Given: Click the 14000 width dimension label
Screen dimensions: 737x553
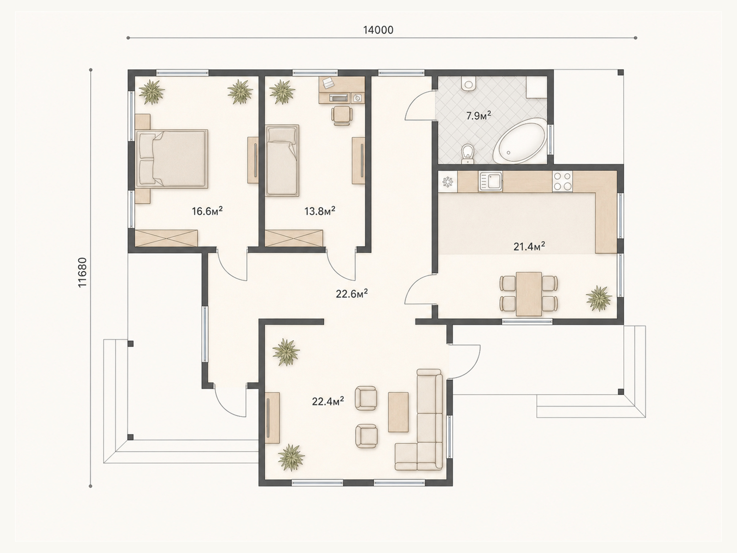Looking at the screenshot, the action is pos(378,30).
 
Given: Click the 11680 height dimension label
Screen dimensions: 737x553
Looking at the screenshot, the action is pos(82,272).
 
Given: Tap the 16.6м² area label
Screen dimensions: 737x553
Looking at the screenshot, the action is pos(207,211).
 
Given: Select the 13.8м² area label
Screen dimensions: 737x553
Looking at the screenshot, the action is pos(320,211).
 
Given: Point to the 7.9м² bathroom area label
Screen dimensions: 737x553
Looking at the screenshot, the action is pos(479,116).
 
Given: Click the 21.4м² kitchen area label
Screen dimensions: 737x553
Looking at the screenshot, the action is pos(529,247).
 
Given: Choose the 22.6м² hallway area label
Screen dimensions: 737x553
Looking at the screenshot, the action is pos(351,294).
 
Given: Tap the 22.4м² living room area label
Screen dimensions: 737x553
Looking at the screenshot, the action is pos(328,401).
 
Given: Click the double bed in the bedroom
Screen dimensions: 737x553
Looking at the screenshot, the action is pos(171,159).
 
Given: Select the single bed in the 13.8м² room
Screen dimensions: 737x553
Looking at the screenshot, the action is pos(282,160).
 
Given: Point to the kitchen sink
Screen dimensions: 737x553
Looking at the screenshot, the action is pos(491,181).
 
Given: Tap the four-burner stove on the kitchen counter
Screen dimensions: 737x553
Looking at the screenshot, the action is pos(562,181).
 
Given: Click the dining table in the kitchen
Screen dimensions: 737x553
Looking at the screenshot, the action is pos(529,294).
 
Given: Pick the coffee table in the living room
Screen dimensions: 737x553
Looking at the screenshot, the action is pos(398,412).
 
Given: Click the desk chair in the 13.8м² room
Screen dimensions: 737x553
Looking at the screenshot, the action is pos(342,116).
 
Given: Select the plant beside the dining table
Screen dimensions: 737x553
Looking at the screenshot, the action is pos(599,298).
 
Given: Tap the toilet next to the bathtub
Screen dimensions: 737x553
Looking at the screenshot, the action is pos(468,154).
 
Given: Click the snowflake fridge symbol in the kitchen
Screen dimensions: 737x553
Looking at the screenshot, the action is pos(448,182).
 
